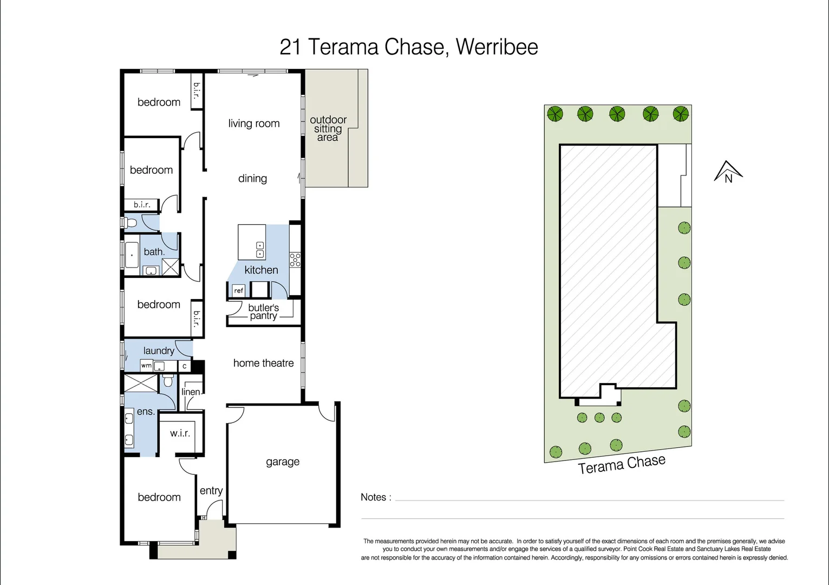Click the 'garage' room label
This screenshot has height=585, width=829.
tap(282, 461)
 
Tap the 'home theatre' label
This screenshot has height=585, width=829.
tap(263, 363)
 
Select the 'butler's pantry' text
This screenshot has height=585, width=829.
tap(263, 312)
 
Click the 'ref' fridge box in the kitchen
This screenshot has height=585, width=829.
tap(238, 291)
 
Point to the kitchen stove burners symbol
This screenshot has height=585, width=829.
tap(295, 259)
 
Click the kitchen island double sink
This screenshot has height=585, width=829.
tap(260, 250)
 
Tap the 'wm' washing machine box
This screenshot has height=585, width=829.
tap(146, 366)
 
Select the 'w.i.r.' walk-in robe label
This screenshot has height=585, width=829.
tap(180, 433)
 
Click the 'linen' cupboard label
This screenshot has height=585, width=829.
tap(191, 392)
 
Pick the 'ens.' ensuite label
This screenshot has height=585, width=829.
tap(146, 412)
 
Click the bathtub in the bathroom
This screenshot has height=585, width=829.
tap(132, 255)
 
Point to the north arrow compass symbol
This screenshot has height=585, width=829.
tap(728, 172)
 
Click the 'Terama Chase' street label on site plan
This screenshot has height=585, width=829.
tap(622, 464)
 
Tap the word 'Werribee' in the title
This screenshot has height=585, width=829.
tap(497, 47)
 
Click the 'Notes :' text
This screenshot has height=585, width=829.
tap(376, 497)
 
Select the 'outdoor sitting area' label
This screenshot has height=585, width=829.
tap(328, 128)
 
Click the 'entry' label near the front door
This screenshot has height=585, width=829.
tap(211, 490)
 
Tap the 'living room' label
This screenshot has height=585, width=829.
tap(254, 123)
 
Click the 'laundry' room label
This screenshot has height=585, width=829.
tap(159, 350)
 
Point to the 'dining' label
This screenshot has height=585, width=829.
tap(252, 178)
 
